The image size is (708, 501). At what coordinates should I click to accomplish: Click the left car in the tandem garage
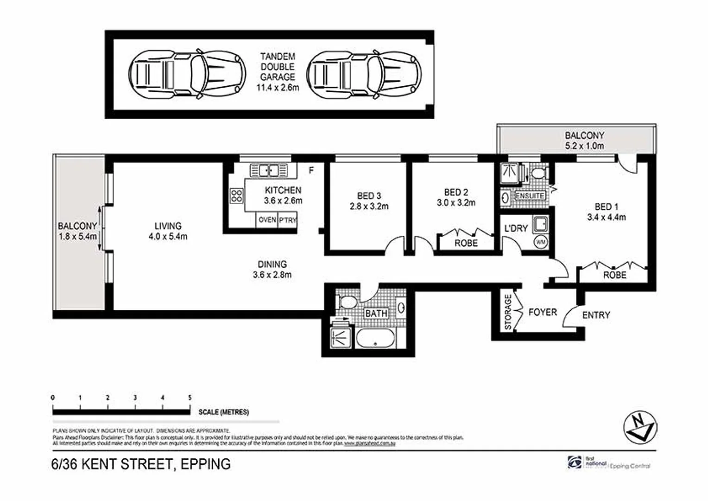pyautogui.click(x=187, y=74)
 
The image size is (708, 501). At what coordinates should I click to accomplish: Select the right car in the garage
pyautogui.click(x=364, y=74)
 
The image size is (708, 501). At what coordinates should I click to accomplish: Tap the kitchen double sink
pyautogui.click(x=269, y=170)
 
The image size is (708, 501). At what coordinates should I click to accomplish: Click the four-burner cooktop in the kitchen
pyautogui.click(x=237, y=195)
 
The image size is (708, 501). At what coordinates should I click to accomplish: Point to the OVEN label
pyautogui.click(x=267, y=220)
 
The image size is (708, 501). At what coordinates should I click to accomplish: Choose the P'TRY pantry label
pyautogui.click(x=287, y=220)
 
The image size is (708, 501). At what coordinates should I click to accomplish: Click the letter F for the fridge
pyautogui.click(x=311, y=171)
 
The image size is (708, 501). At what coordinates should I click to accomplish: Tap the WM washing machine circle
pyautogui.click(x=540, y=242)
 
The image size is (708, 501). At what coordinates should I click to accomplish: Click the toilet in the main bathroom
pyautogui.click(x=347, y=302)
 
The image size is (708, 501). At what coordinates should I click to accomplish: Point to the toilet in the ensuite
pyautogui.click(x=537, y=173)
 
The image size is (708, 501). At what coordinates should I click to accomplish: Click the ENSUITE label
pyautogui.click(x=530, y=196)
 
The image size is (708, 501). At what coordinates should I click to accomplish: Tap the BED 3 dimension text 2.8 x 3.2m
pyautogui.click(x=369, y=206)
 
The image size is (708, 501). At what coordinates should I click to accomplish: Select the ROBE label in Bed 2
pyautogui.click(x=466, y=243)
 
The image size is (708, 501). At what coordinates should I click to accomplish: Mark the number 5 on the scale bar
pyautogui.click(x=190, y=398)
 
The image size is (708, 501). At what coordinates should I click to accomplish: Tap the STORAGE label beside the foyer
pyautogui.click(x=508, y=312)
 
